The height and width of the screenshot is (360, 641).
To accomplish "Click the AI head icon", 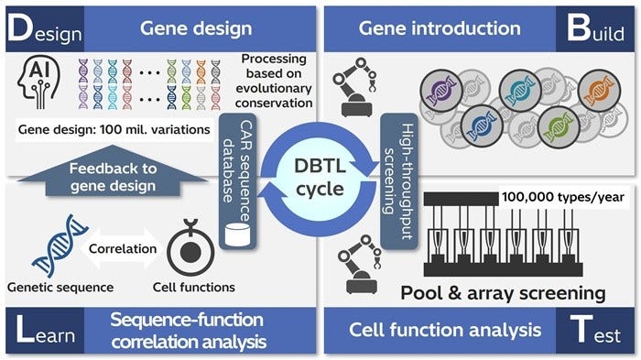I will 36,85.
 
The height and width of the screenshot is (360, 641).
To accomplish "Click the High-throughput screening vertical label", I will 397,173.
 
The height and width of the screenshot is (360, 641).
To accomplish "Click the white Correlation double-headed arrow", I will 121,247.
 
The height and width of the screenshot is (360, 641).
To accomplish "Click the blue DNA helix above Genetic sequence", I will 50,247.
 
